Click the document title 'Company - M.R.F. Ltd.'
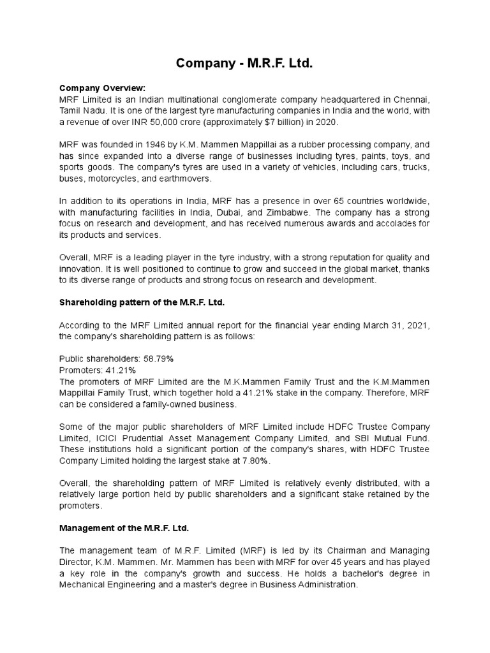tap(245, 64)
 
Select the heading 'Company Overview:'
tap(102, 88)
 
